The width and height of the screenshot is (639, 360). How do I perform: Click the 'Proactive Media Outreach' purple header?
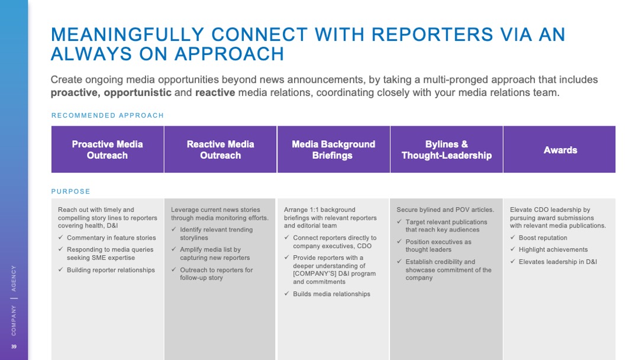pyautogui.click(x=107, y=150)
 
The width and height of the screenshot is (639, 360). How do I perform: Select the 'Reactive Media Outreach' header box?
pyautogui.click(x=220, y=150)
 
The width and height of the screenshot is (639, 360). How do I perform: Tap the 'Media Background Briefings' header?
pyautogui.click(x=333, y=150)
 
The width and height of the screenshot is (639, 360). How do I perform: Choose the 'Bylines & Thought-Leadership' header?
pyautogui.click(x=446, y=150)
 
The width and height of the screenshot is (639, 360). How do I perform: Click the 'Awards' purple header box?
pyautogui.click(x=560, y=150)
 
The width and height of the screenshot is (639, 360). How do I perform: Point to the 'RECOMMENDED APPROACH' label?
pyautogui.click(x=108, y=115)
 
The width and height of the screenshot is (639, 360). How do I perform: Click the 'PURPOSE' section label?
pyautogui.click(x=71, y=191)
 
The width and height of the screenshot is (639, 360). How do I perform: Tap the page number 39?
pyautogui.click(x=14, y=346)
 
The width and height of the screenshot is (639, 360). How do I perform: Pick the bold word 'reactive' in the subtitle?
pyautogui.click(x=215, y=92)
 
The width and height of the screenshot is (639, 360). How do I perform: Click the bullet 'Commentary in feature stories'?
pyautogui.click(x=111, y=238)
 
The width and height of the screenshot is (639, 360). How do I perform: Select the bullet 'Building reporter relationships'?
pyautogui.click(x=111, y=270)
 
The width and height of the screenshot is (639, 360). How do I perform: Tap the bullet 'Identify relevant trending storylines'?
pyautogui.click(x=216, y=233)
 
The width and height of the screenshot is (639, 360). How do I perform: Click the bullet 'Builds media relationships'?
pyautogui.click(x=331, y=294)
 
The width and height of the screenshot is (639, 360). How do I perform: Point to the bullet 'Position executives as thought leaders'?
pyautogui.click(x=438, y=246)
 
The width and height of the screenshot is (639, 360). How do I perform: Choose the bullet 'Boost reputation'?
pyautogui.click(x=543, y=238)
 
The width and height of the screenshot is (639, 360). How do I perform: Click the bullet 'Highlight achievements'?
pyautogui.click(x=553, y=250)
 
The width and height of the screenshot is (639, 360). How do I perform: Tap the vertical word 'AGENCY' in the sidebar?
pyautogui.click(x=14, y=278)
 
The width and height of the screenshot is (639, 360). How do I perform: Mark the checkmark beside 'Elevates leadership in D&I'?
pyautogui.click(x=512, y=262)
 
